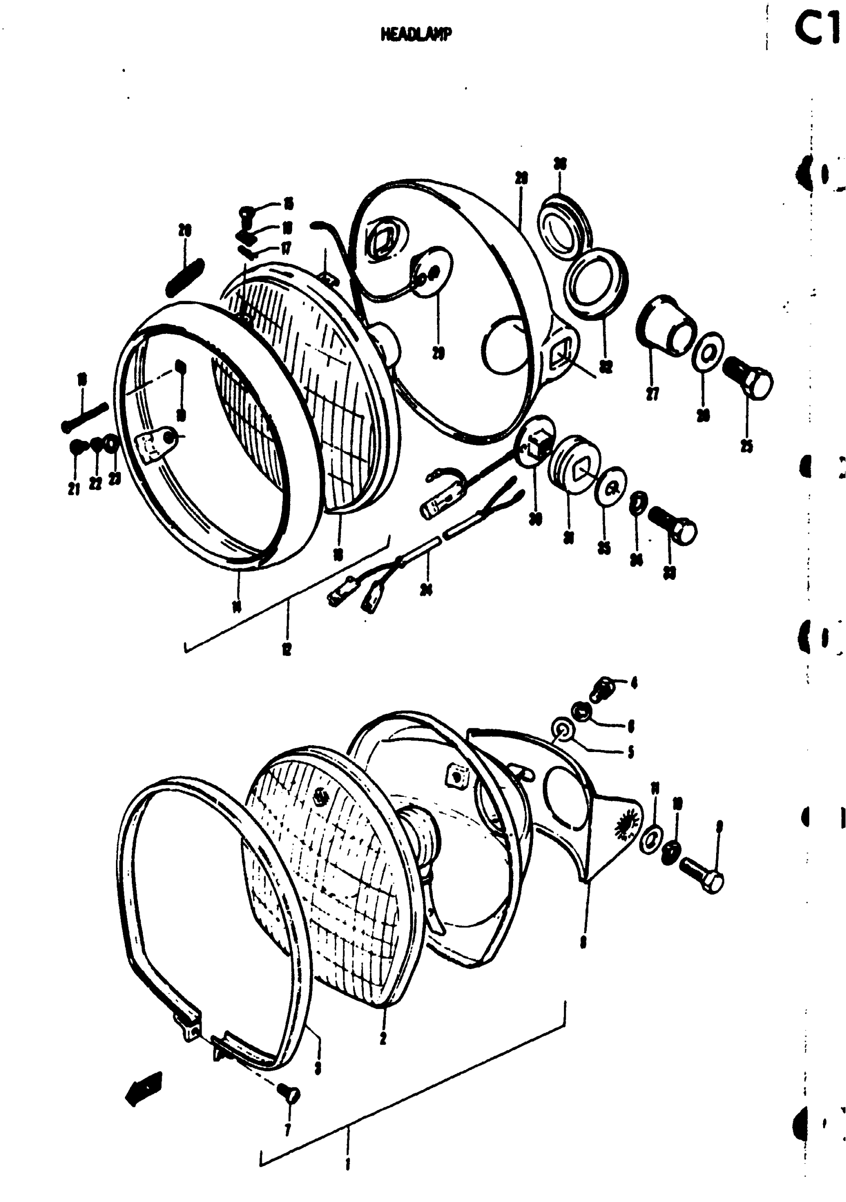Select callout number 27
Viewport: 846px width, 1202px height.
pos(652,394)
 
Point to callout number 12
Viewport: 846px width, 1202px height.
pos(287,649)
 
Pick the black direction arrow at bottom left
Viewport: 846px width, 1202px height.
pos(144,1089)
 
